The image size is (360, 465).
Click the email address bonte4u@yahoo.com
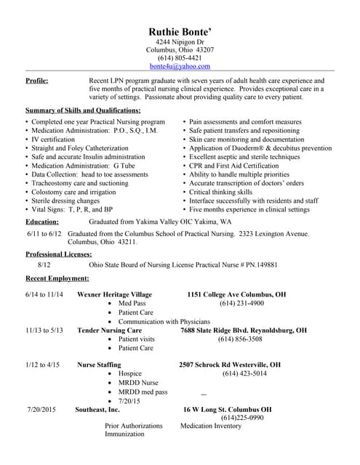coord(180,66)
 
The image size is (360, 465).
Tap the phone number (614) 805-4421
coord(180,57)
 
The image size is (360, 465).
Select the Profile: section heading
coord(37,80)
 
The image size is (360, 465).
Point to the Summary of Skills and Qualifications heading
coord(83,110)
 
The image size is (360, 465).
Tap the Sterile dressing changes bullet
coord(65,201)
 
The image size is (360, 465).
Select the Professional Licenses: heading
coord(59,254)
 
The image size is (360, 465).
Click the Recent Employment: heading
coord(57,278)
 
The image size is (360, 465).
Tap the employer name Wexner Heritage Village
coord(114,294)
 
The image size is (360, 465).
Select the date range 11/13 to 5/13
coord(44,330)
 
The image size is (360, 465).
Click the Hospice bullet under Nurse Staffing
coord(129,373)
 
